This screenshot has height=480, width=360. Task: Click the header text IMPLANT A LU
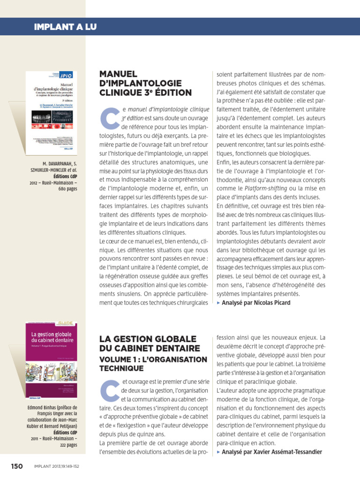[x=65, y=27]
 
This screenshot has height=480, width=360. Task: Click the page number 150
[x=17, y=466]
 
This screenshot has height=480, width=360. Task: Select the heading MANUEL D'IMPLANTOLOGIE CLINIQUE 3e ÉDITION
[x=145, y=83]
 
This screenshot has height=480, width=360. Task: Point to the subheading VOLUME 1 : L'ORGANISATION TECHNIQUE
[x=153, y=364]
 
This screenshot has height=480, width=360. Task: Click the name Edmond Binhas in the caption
[x=46, y=407]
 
